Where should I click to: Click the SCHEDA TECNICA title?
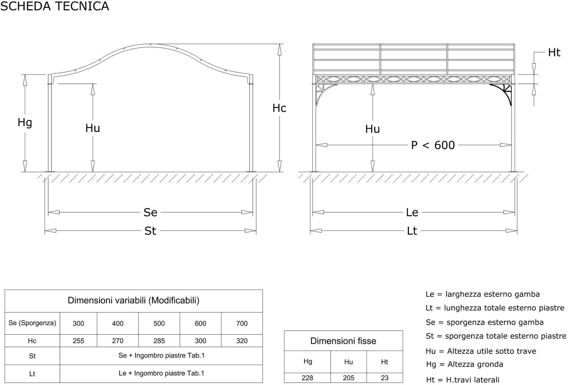coord(55,6)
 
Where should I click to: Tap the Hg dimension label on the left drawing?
coord(25,123)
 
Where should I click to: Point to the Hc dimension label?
coord(279,108)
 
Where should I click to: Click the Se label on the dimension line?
coord(150,212)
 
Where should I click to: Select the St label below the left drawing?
coord(150,231)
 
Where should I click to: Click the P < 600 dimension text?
coord(433,145)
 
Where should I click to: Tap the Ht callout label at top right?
coord(554,53)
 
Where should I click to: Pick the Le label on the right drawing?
coord(412,212)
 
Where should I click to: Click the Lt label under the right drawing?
coord(412,231)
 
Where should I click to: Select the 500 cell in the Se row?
coord(159,323)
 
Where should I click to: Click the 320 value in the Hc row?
coord(242,341)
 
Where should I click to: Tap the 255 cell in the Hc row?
coord(78,341)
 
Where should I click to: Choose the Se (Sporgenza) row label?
coord(32,323)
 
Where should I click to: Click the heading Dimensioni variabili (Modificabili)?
coord(133,300)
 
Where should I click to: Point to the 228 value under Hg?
coord(307,378)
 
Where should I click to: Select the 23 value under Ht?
coord(385,378)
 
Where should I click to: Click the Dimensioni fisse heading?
coord(343,341)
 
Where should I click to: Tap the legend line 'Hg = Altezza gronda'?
coord(465,364)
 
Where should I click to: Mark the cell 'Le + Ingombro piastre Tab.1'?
coord(161,373)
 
